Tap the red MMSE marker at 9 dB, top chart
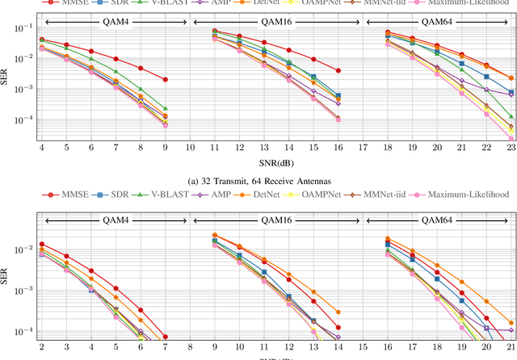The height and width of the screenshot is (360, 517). (166, 80)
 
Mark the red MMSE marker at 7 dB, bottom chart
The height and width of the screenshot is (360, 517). (165, 337)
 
